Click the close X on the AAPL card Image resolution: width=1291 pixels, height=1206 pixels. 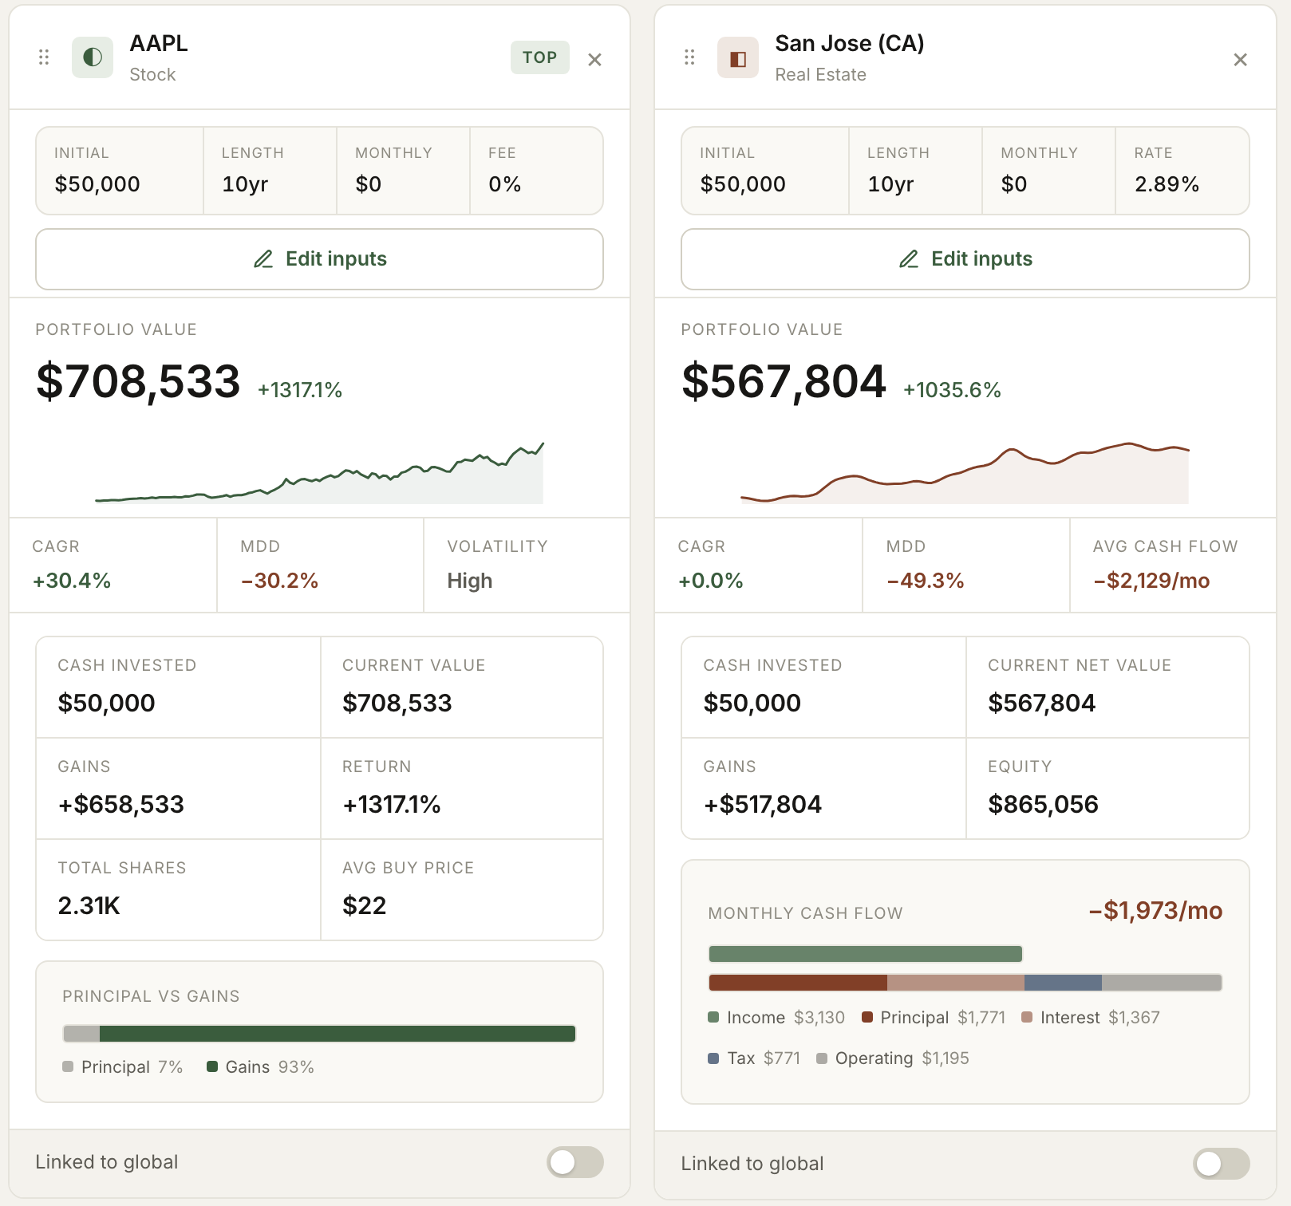(x=594, y=60)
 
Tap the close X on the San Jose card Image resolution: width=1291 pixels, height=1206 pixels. (x=1240, y=60)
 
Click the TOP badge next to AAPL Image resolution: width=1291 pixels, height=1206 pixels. (x=540, y=57)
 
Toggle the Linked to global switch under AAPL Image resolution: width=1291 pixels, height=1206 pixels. (x=574, y=1162)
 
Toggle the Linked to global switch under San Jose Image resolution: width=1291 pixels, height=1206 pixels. (x=1221, y=1164)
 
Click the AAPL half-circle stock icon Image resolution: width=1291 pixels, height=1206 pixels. (x=93, y=57)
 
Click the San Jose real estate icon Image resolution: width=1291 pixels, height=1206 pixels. (x=738, y=57)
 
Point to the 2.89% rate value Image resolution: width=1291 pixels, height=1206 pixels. (x=1167, y=184)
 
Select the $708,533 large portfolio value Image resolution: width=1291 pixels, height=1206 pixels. (x=138, y=381)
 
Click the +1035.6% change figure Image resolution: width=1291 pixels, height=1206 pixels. (x=952, y=390)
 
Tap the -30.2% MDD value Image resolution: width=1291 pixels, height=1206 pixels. (x=279, y=581)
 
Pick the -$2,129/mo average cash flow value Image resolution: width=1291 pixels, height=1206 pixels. (x=1151, y=581)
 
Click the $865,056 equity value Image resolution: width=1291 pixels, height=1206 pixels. (x=1043, y=804)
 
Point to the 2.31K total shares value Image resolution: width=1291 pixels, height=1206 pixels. (x=89, y=905)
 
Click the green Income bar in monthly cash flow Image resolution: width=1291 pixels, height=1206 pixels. (x=866, y=954)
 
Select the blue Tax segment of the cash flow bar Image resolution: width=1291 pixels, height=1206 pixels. (x=1063, y=983)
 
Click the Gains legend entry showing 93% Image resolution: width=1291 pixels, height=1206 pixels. (x=260, y=1067)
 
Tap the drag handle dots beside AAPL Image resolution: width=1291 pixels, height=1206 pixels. (x=44, y=57)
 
